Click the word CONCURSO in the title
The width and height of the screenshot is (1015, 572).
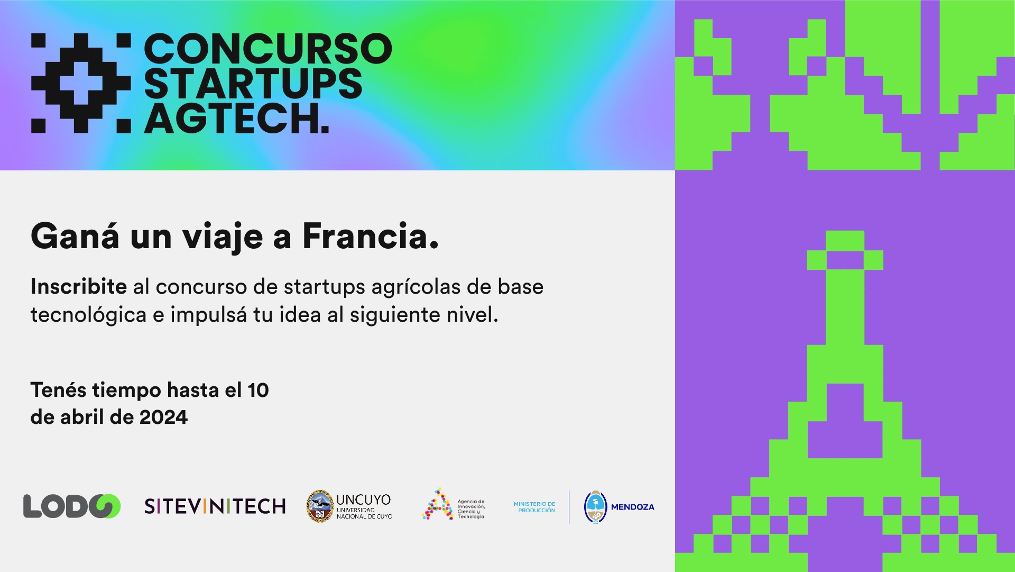click(x=268, y=49)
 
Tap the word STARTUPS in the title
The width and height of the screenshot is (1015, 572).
click(x=253, y=84)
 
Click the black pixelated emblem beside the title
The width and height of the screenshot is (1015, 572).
click(x=81, y=83)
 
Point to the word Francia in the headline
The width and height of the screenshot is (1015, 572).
click(x=371, y=236)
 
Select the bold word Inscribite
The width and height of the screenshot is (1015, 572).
click(x=79, y=286)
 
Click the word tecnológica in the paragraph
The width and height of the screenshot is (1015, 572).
click(x=88, y=315)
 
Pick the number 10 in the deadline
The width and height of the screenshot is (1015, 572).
click(x=259, y=391)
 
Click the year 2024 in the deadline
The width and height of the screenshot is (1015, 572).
click(x=163, y=417)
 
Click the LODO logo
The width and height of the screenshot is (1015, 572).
click(x=72, y=506)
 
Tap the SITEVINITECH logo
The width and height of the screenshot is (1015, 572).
click(x=215, y=506)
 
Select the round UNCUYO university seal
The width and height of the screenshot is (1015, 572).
click(x=320, y=506)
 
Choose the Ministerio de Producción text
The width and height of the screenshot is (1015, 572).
click(x=534, y=507)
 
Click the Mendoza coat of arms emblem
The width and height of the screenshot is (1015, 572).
click(x=595, y=507)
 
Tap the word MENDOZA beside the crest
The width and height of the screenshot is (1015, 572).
click(x=633, y=507)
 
